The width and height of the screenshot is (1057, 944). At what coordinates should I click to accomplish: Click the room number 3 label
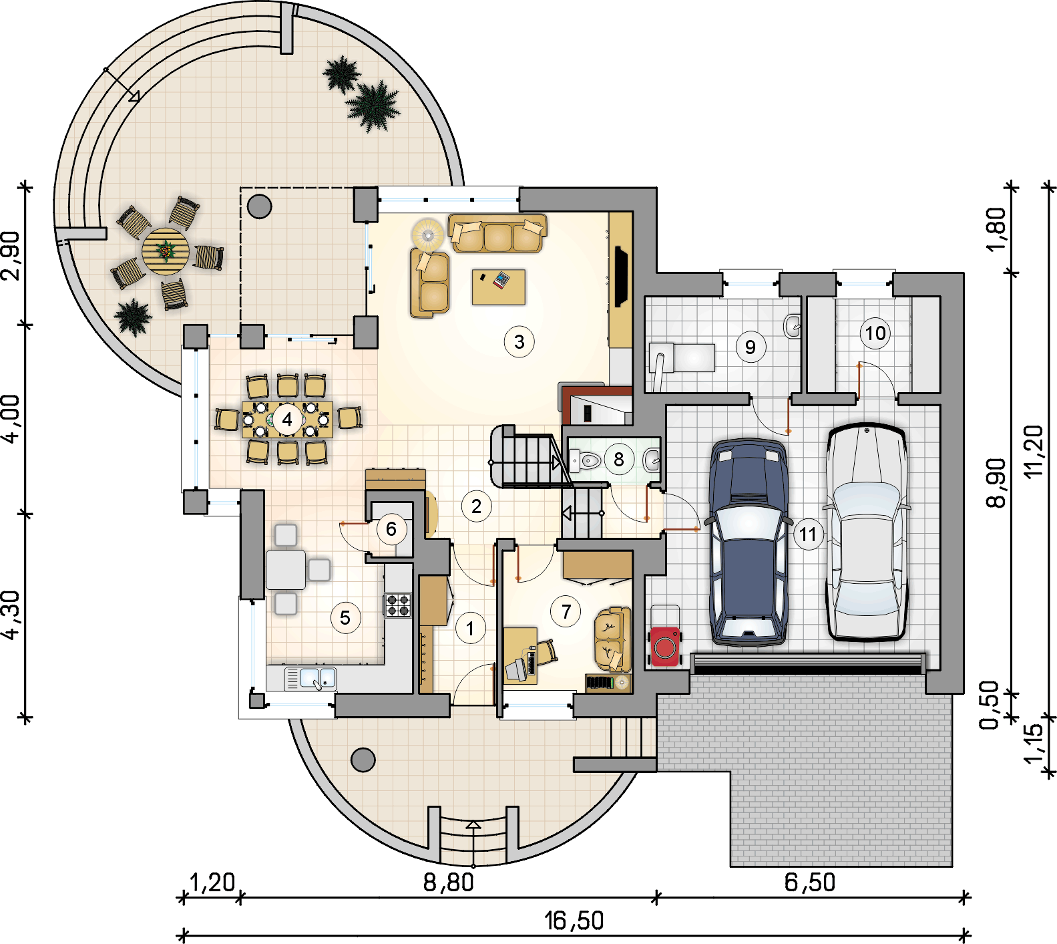click(x=519, y=342)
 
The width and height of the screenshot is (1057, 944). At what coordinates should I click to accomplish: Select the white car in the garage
click(x=866, y=534)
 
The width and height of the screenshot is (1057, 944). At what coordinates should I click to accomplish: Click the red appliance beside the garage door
click(x=665, y=646)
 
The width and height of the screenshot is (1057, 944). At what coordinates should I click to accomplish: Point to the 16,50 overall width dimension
click(x=574, y=921)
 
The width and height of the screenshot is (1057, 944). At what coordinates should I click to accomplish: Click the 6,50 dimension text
click(x=809, y=883)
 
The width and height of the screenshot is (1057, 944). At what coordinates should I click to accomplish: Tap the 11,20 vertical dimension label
click(x=1033, y=451)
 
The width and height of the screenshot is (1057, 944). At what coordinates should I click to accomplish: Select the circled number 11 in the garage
click(x=808, y=534)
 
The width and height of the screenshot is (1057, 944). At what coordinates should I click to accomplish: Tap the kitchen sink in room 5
click(x=311, y=679)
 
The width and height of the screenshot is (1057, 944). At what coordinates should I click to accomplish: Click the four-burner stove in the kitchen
click(x=399, y=605)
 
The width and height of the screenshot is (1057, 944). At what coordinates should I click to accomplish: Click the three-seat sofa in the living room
click(x=497, y=234)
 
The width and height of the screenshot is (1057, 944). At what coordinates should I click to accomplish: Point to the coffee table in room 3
click(x=498, y=287)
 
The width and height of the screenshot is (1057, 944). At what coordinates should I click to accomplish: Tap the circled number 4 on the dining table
click(x=287, y=420)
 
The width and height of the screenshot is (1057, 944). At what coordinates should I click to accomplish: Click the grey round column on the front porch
click(x=363, y=760)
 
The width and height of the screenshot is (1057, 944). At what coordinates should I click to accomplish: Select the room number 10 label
click(x=875, y=333)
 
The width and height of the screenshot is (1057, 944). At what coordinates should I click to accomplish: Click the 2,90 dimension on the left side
click(x=11, y=255)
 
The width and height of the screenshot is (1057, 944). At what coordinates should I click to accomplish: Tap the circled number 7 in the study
click(x=566, y=611)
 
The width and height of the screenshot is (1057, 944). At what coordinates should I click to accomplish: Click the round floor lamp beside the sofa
click(x=427, y=234)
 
